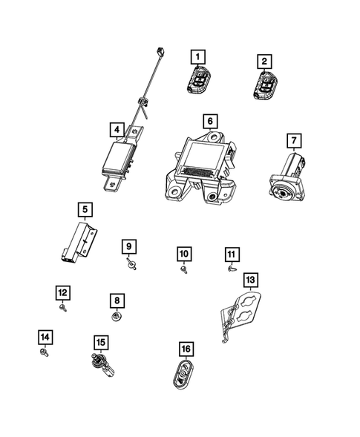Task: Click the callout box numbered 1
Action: point(198,55)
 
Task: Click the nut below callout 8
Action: point(117,317)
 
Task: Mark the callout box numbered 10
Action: point(183,254)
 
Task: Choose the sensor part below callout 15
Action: point(99,367)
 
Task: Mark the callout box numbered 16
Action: point(185,348)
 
